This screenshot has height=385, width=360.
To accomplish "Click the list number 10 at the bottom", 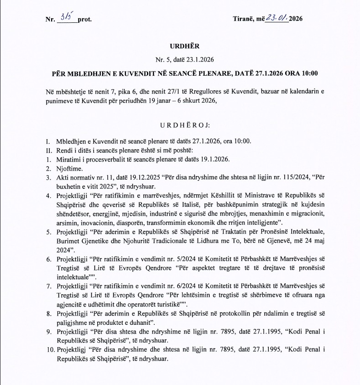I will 49,349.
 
